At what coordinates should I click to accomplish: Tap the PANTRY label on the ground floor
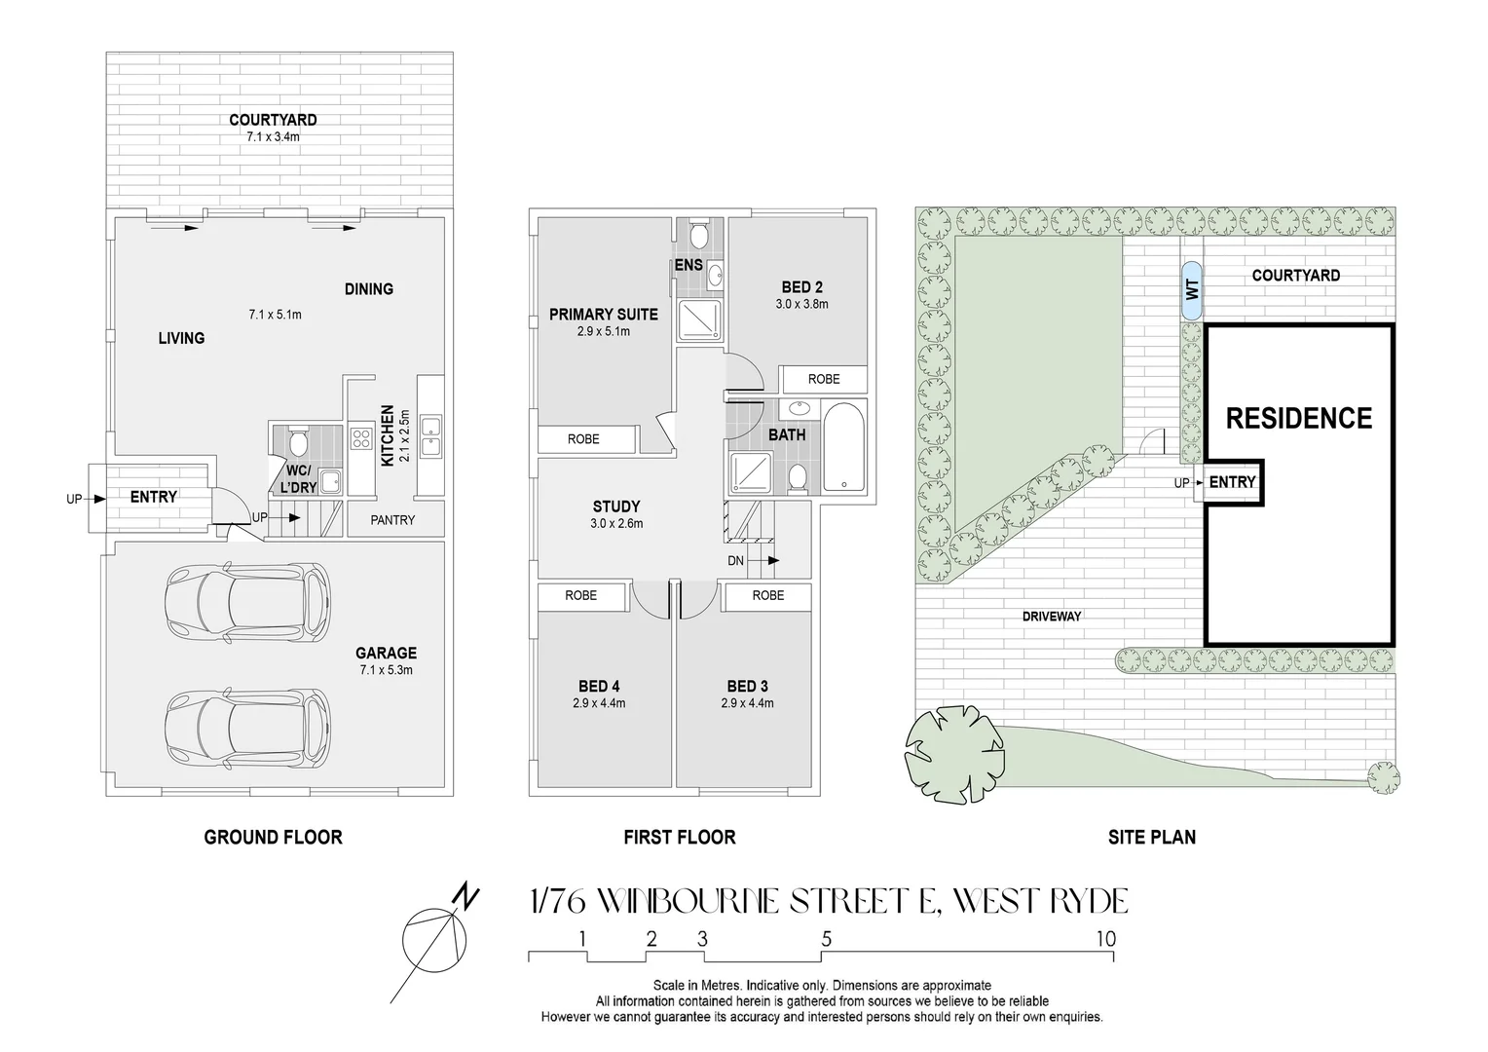tap(392, 520)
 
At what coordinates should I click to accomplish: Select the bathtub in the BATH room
tap(843, 447)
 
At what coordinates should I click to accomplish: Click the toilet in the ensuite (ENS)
tap(698, 235)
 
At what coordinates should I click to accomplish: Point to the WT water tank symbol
tap(1190, 290)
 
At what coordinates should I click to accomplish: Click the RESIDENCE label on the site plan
tap(1298, 418)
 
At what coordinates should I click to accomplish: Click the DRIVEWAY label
tap(1052, 616)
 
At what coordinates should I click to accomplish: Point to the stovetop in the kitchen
tap(362, 438)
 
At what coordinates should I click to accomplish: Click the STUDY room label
tap(616, 507)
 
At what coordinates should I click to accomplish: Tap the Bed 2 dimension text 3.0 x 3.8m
tap(801, 304)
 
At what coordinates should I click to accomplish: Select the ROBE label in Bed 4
tap(581, 595)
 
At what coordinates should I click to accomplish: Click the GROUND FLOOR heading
tap(273, 837)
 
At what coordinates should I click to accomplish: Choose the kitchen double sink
tap(429, 436)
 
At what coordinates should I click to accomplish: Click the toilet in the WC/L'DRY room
tap(298, 442)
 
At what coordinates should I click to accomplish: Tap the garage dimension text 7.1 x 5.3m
tap(386, 670)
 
